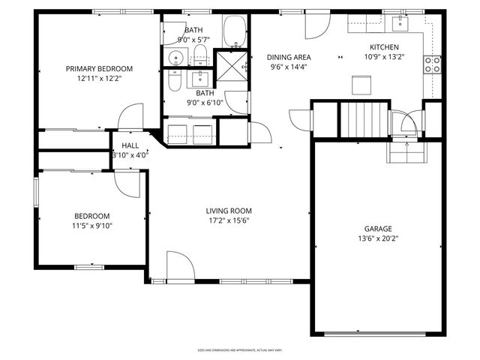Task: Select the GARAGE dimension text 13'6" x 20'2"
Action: click(378, 240)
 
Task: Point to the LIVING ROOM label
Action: click(229, 211)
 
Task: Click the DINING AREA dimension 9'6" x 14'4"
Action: click(290, 67)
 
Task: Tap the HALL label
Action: click(130, 146)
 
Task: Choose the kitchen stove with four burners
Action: click(433, 64)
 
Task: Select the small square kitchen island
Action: click(361, 84)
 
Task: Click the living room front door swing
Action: click(180, 266)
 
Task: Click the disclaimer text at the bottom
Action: click(239, 349)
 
